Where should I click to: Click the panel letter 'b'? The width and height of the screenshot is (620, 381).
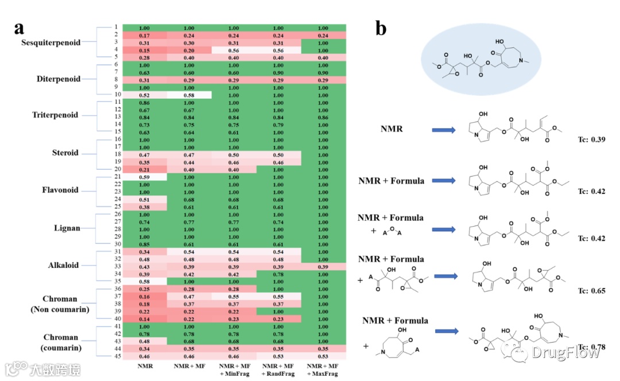click(x=381, y=29)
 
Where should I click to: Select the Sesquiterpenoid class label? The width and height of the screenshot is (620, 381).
click(x=51, y=42)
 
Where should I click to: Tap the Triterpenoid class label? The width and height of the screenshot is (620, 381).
click(x=55, y=115)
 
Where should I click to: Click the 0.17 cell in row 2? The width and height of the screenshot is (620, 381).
click(x=144, y=35)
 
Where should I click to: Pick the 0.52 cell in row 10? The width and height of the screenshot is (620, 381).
click(x=144, y=95)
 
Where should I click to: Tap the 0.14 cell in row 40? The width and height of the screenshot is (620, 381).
click(x=144, y=318)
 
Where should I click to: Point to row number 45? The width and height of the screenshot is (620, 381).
click(x=115, y=356)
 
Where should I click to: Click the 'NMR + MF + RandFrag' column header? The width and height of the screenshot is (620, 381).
click(x=278, y=370)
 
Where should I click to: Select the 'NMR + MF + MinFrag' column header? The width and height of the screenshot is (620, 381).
click(x=234, y=370)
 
